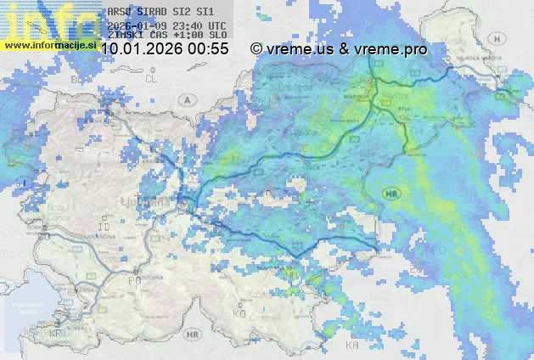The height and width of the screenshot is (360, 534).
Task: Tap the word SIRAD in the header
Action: [x=154, y=13]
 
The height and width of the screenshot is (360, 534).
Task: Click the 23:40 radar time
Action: [x=187, y=25]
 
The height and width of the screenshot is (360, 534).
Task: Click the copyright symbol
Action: [x=256, y=49]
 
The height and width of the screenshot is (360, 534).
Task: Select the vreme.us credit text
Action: [x=299, y=49]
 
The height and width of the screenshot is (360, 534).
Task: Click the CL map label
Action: [x=152, y=78]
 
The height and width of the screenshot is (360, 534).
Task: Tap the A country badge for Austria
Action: [x=185, y=99]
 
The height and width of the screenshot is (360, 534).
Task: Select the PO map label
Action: [x=133, y=279]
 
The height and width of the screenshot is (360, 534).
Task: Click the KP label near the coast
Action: [x=56, y=334]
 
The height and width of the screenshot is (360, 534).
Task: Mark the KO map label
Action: [x=239, y=314]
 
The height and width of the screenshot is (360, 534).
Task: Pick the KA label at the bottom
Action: [x=352, y=346]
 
